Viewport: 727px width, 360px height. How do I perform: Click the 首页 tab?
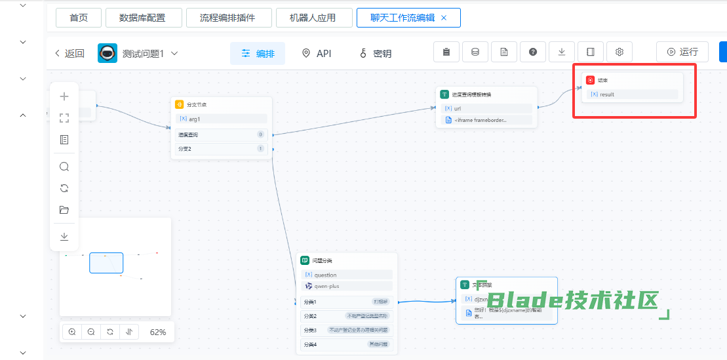[79, 18]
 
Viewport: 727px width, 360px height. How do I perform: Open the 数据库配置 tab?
[142, 18]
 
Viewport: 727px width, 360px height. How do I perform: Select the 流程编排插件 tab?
[227, 18]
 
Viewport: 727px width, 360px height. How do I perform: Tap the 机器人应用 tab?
[313, 18]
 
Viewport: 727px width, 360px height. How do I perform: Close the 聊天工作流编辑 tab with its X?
[444, 18]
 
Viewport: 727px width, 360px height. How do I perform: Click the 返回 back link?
[69, 53]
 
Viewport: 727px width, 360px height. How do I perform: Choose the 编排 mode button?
[258, 53]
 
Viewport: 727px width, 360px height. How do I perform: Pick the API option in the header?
[316, 53]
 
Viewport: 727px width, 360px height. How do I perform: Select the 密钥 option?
[375, 53]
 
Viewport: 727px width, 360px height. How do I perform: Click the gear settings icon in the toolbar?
[619, 52]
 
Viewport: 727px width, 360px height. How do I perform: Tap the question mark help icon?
[533, 52]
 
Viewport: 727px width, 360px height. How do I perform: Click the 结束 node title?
[602, 80]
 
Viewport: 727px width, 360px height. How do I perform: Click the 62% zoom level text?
[158, 332]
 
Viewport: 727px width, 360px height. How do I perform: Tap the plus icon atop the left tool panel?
[64, 96]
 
